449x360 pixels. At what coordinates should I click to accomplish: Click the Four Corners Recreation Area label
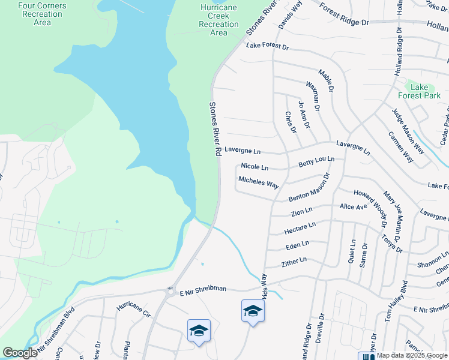(x=43, y=14)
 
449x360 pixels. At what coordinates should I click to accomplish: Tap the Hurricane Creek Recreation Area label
(x=219, y=20)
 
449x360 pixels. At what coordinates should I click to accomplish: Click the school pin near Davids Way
(x=253, y=311)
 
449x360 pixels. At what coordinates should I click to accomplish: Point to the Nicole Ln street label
(x=255, y=166)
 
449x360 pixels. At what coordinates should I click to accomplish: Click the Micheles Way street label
(x=258, y=182)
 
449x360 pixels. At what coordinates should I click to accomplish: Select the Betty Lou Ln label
(x=316, y=162)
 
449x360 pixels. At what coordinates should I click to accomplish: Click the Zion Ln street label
(x=301, y=211)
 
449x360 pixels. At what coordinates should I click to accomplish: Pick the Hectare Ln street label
(x=300, y=229)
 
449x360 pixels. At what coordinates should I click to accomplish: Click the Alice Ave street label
(x=353, y=206)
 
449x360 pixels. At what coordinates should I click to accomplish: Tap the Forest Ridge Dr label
(x=344, y=15)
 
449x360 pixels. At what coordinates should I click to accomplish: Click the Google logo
(x=20, y=353)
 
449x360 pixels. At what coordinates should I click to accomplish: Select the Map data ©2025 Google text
(x=411, y=356)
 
